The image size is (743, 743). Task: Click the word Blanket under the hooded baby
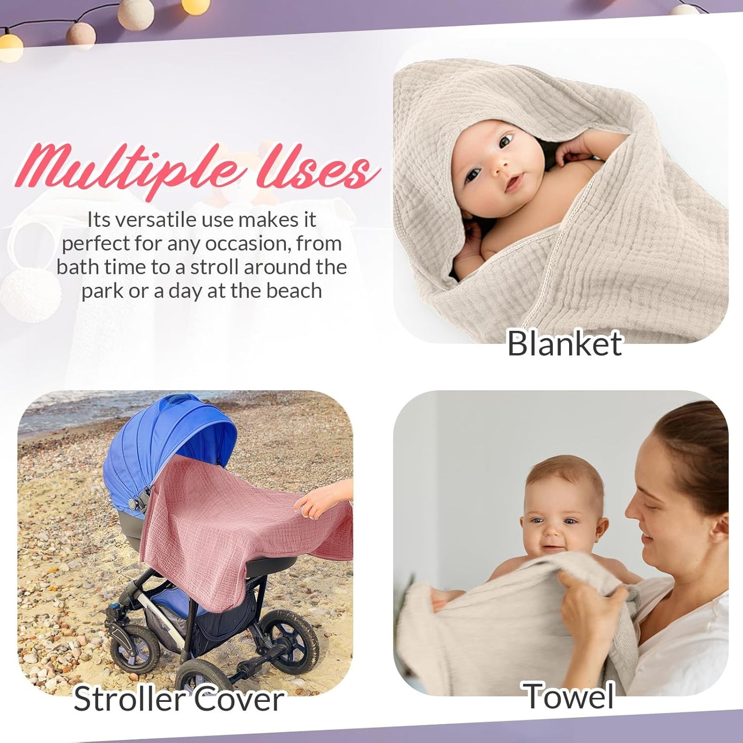(564, 344)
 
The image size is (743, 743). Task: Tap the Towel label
(569, 696)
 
